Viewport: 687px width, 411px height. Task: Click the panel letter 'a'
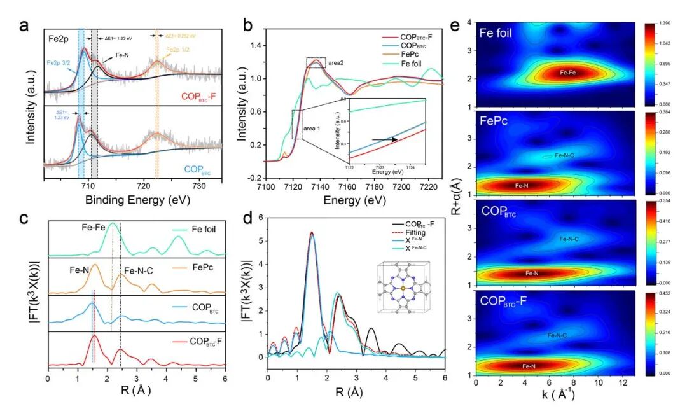coord(24,26)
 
